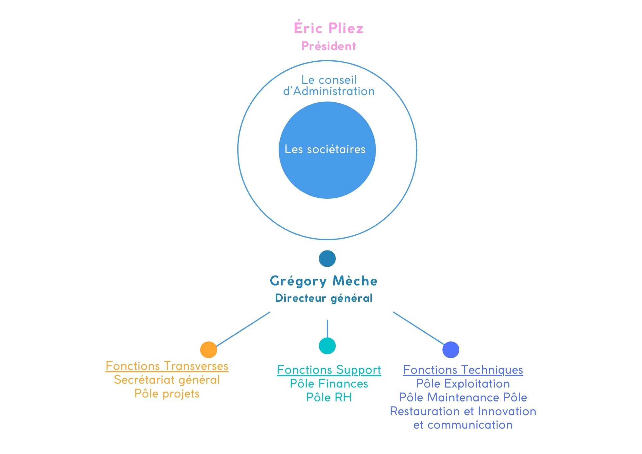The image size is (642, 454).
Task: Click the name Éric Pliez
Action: [328, 28]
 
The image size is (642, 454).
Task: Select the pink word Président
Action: [328, 46]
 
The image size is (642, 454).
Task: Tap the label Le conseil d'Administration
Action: [329, 85]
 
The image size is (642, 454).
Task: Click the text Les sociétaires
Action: [325, 149]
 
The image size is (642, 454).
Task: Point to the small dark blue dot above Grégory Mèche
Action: [327, 258]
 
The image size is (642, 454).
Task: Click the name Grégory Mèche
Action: [324, 281]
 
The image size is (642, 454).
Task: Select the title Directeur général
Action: [324, 298]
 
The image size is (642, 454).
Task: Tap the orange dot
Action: [209, 350]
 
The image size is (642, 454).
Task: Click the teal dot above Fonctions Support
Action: [327, 346]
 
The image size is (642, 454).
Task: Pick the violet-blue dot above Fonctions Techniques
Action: [451, 350]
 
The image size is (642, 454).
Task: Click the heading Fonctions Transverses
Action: [167, 366]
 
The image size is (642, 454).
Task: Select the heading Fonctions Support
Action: [329, 370]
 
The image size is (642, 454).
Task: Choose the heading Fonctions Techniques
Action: [463, 370]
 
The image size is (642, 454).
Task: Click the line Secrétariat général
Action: [167, 380]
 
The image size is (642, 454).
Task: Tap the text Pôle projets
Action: [167, 394]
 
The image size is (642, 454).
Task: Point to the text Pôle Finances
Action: [329, 384]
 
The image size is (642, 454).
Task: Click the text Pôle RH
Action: [329, 397]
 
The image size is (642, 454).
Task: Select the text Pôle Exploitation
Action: [463, 384]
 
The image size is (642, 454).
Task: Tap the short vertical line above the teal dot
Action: [327, 328]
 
